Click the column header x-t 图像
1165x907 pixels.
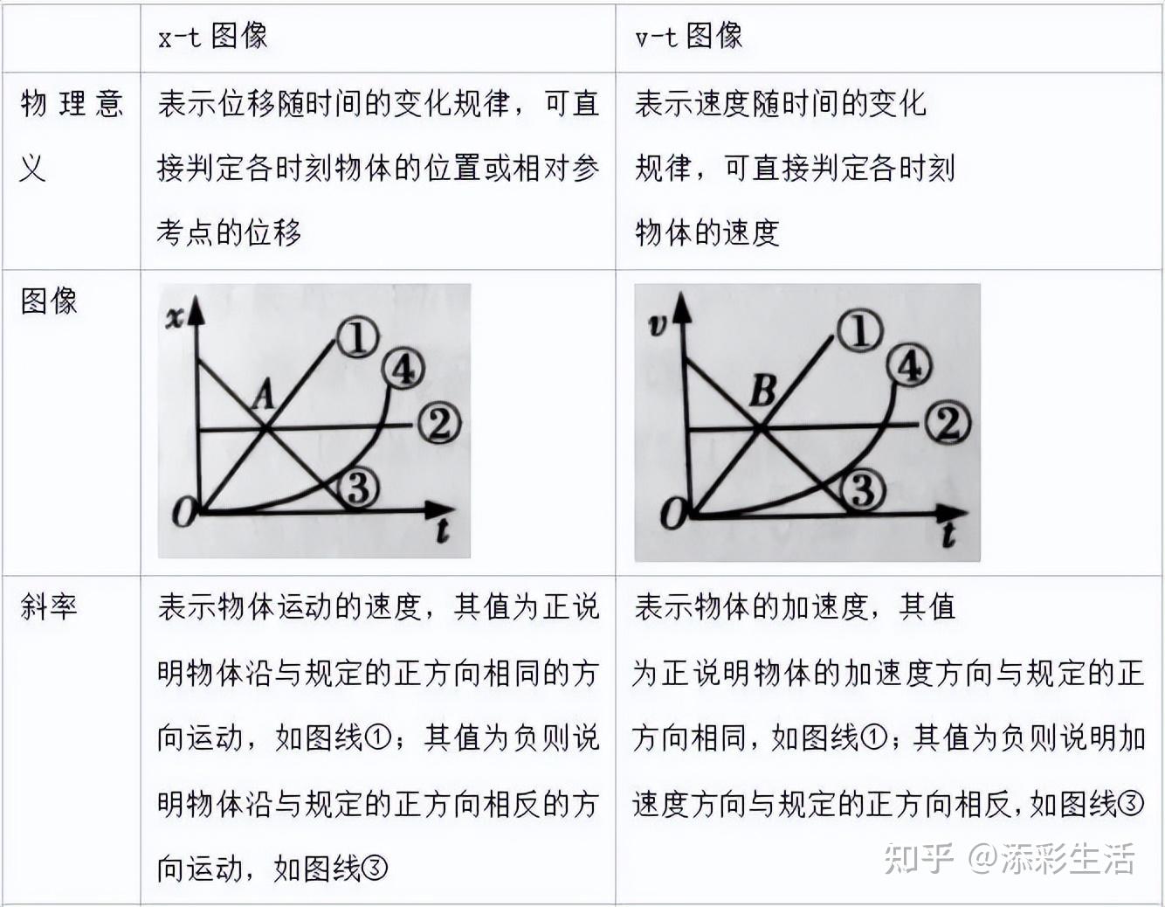click(x=212, y=36)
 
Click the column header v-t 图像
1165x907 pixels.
click(x=688, y=36)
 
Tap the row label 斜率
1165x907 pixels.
click(x=49, y=606)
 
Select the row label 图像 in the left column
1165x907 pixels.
click(x=49, y=301)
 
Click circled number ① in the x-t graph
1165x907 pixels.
click(x=357, y=338)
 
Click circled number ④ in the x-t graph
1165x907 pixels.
click(x=403, y=370)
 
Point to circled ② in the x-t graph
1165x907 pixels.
click(x=438, y=425)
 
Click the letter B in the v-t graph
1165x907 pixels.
click(x=762, y=391)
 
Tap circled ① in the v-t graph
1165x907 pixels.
click(x=859, y=332)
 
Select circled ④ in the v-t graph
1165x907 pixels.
click(x=909, y=366)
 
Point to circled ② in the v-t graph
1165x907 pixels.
click(x=948, y=425)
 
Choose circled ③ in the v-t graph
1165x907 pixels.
click(x=863, y=489)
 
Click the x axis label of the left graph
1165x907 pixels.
click(x=175, y=317)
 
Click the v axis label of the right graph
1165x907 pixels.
click(x=658, y=325)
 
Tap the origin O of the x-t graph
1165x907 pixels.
click(x=183, y=512)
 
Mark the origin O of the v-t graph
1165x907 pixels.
click(x=673, y=514)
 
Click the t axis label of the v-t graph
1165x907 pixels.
click(x=949, y=535)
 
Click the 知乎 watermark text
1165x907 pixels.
click(x=917, y=858)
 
